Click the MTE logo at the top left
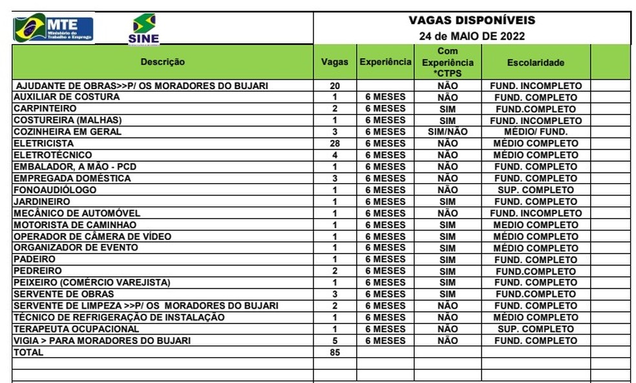tap(54, 28)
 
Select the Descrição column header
tap(162, 62)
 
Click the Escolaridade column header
tap(535, 63)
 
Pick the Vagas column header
tap(335, 62)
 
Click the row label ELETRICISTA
tap(44, 144)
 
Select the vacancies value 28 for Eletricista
tap(335, 144)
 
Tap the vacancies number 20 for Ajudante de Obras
tap(335, 86)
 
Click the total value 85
tap(335, 353)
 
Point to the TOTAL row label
tap(28, 353)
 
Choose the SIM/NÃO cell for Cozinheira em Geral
tap(447, 132)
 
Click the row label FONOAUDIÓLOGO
tap(55, 190)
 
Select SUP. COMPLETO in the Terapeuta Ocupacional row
tap(535, 329)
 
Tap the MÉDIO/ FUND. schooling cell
tap(535, 132)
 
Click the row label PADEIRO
tap(34, 259)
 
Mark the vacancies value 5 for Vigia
tap(335, 341)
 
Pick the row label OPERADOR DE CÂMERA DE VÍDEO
tap(92, 237)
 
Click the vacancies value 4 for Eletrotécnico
tap(335, 155)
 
